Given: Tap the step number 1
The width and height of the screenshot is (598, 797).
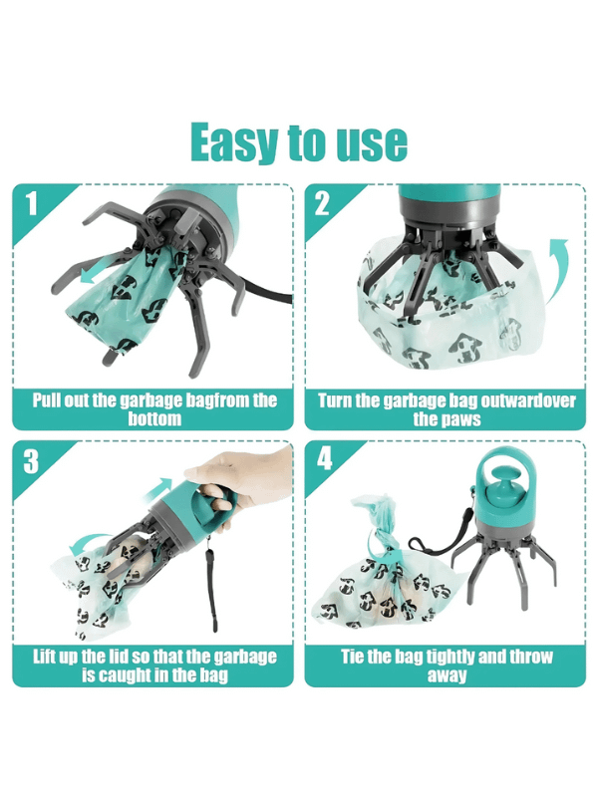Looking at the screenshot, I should coord(31,205).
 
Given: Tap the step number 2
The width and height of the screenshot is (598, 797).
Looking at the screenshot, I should coord(322,205).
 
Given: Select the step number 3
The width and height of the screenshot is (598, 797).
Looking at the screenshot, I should coord(31,462).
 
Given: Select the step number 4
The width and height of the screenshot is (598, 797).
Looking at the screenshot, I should coord(322,462).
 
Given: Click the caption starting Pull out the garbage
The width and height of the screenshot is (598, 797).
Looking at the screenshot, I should coord(154,409).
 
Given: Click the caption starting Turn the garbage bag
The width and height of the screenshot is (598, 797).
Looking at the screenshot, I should coord(446,409).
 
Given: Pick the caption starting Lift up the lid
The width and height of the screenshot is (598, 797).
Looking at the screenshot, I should coord(154,666).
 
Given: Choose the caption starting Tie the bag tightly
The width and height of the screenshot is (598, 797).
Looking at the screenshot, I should coord(446,666).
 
